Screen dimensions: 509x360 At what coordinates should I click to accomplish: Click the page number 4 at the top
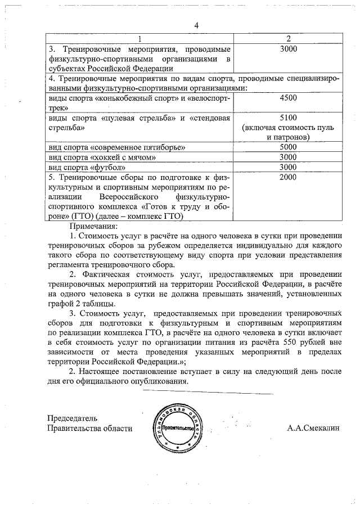(x=196, y=26)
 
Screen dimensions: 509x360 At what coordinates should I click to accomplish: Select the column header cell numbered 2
(x=288, y=38)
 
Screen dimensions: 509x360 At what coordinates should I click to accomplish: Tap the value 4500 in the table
(x=288, y=97)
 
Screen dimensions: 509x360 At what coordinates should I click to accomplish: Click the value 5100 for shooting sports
(x=288, y=118)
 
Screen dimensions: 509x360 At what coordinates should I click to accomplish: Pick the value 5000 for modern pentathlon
(x=288, y=147)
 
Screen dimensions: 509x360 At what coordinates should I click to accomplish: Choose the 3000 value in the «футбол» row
(x=288, y=167)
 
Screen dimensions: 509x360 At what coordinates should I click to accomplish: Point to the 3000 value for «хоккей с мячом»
(x=288, y=157)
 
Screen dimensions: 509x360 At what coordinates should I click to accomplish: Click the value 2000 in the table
(x=288, y=178)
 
